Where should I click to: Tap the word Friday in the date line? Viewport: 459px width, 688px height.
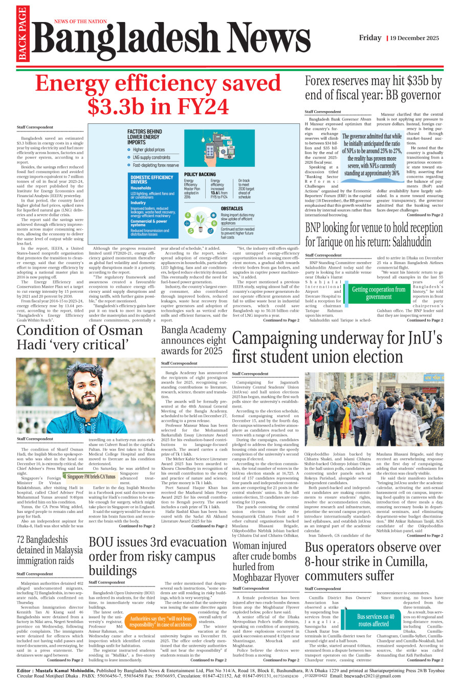click(x=370, y=38)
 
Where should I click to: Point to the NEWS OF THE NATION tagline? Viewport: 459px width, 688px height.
click(x=80, y=21)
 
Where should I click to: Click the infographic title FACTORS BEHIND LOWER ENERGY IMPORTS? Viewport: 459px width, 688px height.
click(x=144, y=137)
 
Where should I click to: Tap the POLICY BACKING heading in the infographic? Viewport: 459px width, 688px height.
click(x=200, y=175)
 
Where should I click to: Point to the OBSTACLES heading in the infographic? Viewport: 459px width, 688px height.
click(x=232, y=208)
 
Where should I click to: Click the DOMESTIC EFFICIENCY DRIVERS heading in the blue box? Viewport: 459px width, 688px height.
click(x=151, y=180)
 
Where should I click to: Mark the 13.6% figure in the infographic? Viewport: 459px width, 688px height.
click(x=217, y=192)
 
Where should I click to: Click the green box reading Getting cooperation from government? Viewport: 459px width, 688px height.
click(x=379, y=293)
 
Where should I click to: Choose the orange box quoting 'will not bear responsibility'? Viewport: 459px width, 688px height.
click(x=160, y=621)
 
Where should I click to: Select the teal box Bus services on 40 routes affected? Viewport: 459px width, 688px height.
click(x=375, y=620)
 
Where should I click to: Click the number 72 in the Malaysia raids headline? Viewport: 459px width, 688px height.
click(x=22, y=540)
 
